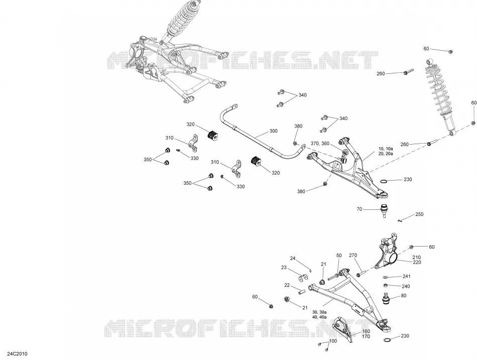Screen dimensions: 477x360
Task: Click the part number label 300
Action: [274, 131]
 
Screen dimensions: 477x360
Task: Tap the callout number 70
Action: [360, 209]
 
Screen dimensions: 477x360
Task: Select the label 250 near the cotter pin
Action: [419, 214]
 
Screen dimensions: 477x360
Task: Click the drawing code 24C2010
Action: [18, 353]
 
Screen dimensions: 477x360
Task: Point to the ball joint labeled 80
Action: [386, 298]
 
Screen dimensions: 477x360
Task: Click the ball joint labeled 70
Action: [385, 210]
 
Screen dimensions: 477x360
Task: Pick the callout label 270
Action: [353, 256]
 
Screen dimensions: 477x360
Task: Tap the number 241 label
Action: [406, 276]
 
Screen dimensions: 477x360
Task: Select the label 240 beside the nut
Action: [406, 286]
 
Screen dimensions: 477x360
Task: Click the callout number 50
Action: [339, 256]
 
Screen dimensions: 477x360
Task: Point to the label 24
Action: [293, 259]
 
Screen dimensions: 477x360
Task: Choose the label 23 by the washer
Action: [284, 268]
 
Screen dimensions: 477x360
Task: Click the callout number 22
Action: [287, 285]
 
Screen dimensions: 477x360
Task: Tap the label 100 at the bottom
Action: [333, 341]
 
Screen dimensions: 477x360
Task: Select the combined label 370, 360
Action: [320, 143]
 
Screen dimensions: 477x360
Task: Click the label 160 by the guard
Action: [366, 331]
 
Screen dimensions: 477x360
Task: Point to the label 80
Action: [404, 296]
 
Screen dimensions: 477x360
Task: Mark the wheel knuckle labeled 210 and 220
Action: [387, 252]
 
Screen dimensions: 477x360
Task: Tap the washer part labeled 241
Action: [385, 277]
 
